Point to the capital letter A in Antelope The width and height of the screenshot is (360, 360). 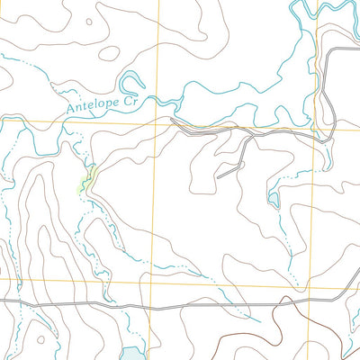(71, 111)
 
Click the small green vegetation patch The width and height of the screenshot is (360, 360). (87, 179)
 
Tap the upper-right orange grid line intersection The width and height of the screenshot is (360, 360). (316, 124)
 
